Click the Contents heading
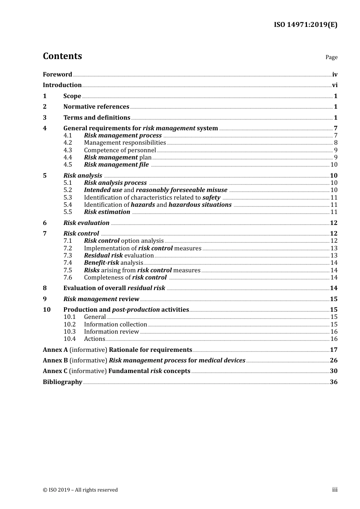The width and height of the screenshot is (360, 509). click(62, 56)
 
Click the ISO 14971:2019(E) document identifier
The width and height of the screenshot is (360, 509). click(305, 25)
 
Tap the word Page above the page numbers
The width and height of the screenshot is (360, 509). click(331, 57)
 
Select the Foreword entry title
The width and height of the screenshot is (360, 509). click(57, 75)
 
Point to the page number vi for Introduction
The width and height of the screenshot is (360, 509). click(335, 85)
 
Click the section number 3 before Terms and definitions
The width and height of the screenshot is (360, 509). click(45, 118)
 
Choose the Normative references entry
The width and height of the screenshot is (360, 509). click(96, 107)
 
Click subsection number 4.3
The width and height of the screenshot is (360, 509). click(67, 150)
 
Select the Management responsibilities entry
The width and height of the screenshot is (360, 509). click(125, 143)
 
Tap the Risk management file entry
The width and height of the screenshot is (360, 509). click(116, 165)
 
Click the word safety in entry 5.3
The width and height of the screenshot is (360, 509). click(211, 198)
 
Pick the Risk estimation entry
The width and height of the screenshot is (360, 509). click(107, 212)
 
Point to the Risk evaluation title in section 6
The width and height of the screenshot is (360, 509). click(86, 223)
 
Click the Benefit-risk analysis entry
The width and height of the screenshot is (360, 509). click(113, 263)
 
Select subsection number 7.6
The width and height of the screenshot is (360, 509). click(67, 278)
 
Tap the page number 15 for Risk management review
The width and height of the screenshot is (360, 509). click(333, 299)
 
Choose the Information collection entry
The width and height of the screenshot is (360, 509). click(115, 325)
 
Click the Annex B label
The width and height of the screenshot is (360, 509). click(55, 361)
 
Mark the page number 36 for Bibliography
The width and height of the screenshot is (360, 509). click(333, 382)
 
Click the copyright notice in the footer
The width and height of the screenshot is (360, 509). click(80, 490)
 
